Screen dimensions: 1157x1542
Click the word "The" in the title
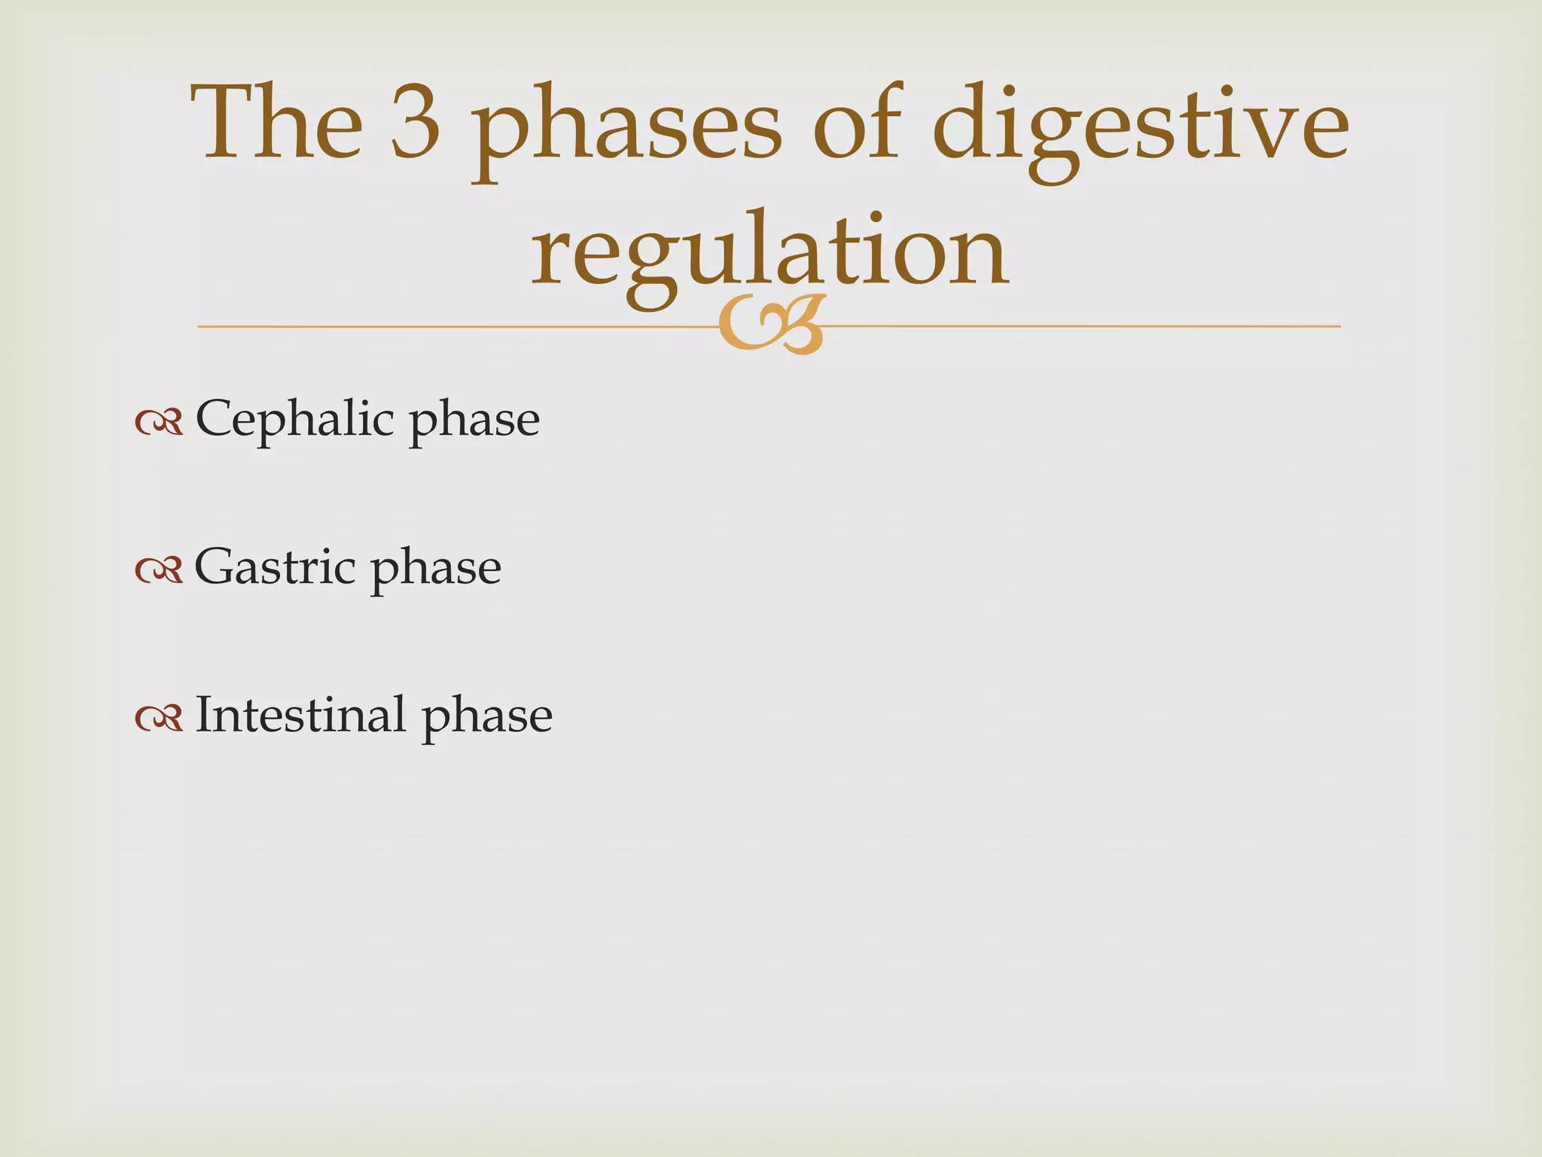click(x=278, y=122)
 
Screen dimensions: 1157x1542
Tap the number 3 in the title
click(x=416, y=124)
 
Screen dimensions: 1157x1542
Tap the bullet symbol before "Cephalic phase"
click(x=159, y=423)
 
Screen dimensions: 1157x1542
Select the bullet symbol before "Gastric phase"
click(x=159, y=571)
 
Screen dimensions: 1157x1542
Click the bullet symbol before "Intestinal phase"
click(x=159, y=719)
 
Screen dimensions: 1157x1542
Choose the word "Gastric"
click(x=275, y=566)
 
